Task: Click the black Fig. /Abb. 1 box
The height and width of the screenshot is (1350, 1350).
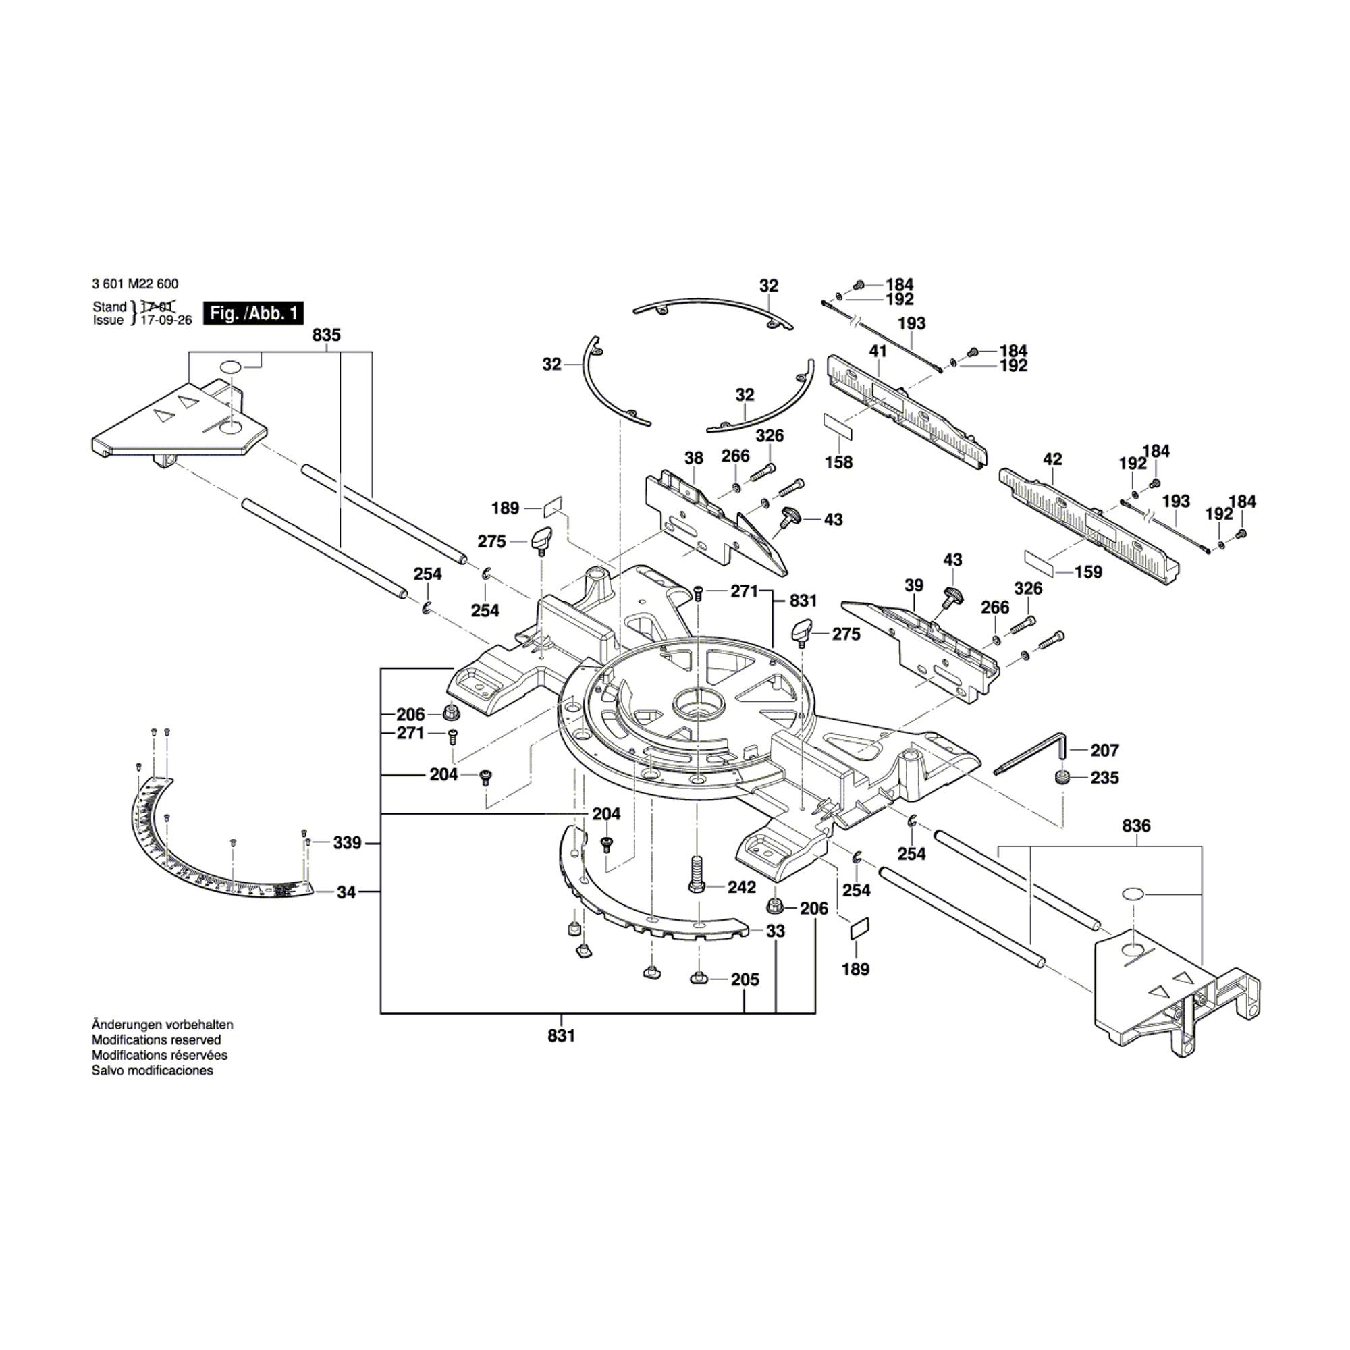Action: click(x=253, y=313)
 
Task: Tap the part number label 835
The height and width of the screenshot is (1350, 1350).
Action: click(x=326, y=335)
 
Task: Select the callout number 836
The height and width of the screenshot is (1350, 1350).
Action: click(x=1135, y=826)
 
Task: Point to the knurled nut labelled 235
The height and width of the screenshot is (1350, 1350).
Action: click(x=1064, y=778)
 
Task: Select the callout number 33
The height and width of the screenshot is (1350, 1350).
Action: click(x=775, y=931)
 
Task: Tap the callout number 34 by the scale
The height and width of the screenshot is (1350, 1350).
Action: click(x=346, y=892)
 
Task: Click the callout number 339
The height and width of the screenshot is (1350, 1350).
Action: click(x=346, y=842)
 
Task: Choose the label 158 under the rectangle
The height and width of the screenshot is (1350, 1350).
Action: click(x=838, y=462)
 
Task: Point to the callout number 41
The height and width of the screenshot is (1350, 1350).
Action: click(x=878, y=351)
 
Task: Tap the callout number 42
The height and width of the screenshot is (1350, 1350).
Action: click(x=1052, y=459)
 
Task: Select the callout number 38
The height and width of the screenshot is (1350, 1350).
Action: click(x=693, y=458)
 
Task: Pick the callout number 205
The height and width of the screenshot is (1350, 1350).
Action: click(x=745, y=979)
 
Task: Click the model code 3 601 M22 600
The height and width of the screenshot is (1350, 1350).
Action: click(x=135, y=283)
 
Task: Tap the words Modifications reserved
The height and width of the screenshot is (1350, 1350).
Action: click(x=156, y=1039)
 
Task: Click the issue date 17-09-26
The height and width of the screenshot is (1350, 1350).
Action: click(x=166, y=320)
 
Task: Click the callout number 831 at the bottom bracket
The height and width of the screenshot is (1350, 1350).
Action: click(x=561, y=1035)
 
